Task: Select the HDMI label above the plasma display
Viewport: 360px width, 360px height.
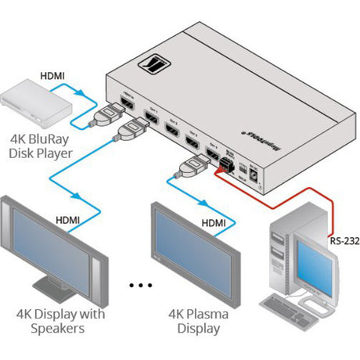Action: (x=214, y=223)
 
